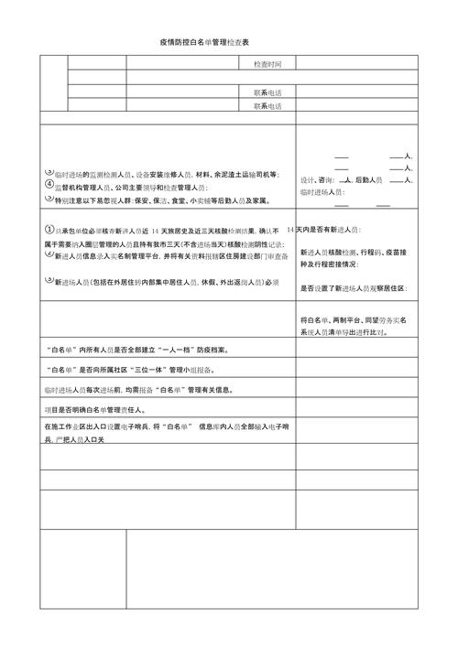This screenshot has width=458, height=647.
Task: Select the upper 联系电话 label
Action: click(x=267, y=92)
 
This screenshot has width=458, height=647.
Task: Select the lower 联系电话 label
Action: click(x=267, y=105)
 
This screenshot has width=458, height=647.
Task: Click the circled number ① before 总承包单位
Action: click(x=49, y=230)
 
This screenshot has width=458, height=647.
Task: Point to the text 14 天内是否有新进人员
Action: click(x=324, y=230)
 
